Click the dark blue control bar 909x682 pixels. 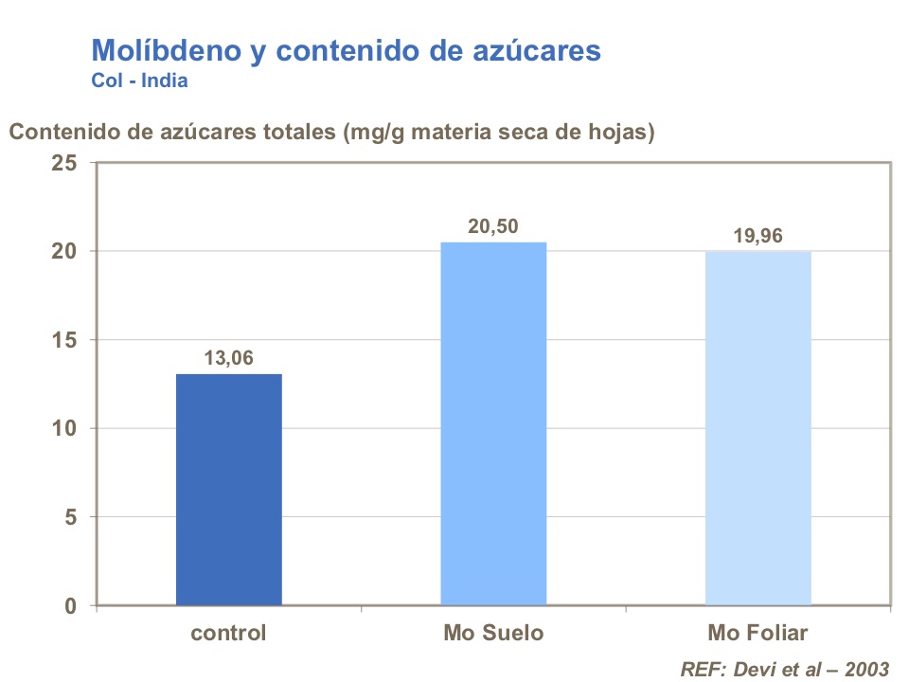[x=228, y=489]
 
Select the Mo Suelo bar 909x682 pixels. [x=493, y=423]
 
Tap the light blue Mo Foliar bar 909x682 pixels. [x=757, y=428]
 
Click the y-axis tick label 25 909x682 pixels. [x=64, y=163]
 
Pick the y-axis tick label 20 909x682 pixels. [x=64, y=251]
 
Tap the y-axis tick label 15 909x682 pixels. [x=64, y=340]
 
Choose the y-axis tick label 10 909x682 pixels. [x=64, y=428]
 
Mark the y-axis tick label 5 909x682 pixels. [x=71, y=517]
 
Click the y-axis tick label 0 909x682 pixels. [x=71, y=606]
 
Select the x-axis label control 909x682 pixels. [x=228, y=632]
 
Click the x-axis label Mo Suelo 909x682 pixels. [x=493, y=632]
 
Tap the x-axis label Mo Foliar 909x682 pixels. [x=758, y=632]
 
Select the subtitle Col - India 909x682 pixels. [x=139, y=81]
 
